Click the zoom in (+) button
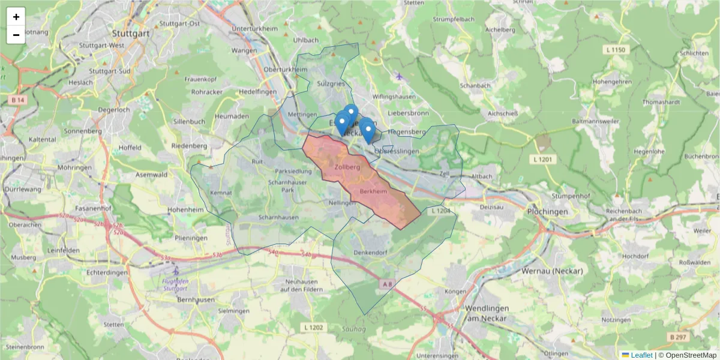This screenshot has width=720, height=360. pyautogui.click(x=16, y=17)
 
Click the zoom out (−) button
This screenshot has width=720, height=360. pyautogui.click(x=16, y=35)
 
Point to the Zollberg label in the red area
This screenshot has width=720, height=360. pyautogui.click(x=347, y=167)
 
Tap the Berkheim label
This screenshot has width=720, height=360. pyautogui.click(x=373, y=191)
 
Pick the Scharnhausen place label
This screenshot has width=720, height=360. pyautogui.click(x=278, y=217)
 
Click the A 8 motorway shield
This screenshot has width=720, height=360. pyautogui.click(x=388, y=283)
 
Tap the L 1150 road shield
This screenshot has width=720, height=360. pyautogui.click(x=616, y=50)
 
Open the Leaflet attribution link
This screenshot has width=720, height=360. pyautogui.click(x=641, y=355)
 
